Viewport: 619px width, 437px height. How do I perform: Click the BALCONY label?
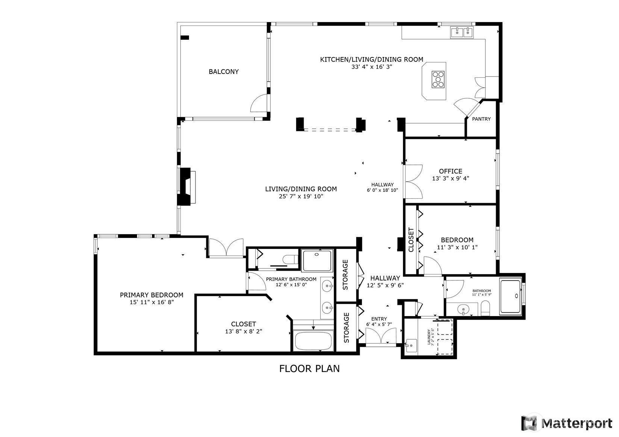pyautogui.click(x=224, y=72)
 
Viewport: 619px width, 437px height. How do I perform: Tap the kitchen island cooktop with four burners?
pyautogui.click(x=438, y=79)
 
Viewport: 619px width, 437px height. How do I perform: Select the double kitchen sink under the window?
pyautogui.click(x=462, y=33)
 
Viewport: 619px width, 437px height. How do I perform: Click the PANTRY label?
pyautogui.click(x=481, y=119)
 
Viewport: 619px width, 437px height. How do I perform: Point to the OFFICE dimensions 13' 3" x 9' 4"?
pyautogui.click(x=451, y=179)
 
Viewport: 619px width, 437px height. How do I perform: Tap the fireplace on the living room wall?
pyautogui.click(x=187, y=186)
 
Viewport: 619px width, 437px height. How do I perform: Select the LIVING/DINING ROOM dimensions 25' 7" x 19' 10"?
pyautogui.click(x=301, y=196)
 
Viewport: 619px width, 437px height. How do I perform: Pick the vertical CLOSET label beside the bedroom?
pyautogui.click(x=411, y=240)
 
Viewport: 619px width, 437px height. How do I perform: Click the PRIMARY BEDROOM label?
pyautogui.click(x=151, y=295)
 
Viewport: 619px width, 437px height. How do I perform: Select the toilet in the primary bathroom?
pyautogui.click(x=291, y=259)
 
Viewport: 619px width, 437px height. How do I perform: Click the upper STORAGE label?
pyautogui.click(x=345, y=274)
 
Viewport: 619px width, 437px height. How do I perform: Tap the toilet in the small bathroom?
pyautogui.click(x=486, y=310)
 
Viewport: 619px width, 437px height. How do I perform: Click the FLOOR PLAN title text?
pyautogui.click(x=309, y=369)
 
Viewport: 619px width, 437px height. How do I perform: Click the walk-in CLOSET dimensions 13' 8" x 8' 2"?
pyautogui.click(x=243, y=332)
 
